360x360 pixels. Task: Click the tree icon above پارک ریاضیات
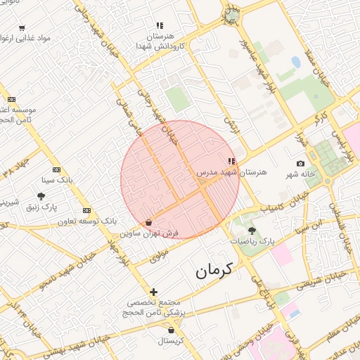click(252, 231)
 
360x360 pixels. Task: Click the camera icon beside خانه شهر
click(301, 164)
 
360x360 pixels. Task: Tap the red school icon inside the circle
click(232, 162)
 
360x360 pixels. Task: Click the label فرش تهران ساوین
click(149, 232)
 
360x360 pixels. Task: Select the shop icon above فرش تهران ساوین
click(148, 223)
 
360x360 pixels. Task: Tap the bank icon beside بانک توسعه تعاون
click(87, 210)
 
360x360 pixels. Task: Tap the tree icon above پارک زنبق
click(41, 197)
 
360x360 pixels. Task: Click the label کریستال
click(171, 340)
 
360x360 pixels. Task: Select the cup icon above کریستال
click(171, 329)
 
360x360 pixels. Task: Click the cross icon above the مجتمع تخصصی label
click(153, 292)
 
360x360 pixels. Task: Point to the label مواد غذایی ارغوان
click(44, 37)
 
